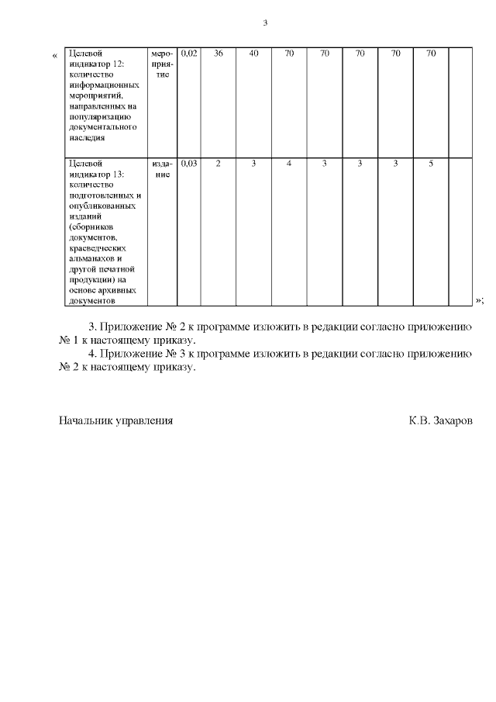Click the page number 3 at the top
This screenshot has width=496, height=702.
[265, 23]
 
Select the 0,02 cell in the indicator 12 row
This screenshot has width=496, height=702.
[189, 54]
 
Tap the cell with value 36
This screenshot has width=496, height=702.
[219, 54]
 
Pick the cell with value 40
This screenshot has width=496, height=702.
[253, 54]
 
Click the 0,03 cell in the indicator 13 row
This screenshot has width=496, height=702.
[189, 164]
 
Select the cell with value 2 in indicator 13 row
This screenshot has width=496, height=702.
[219, 164]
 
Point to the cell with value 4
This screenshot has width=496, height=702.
[289, 164]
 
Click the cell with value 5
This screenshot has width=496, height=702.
[431, 164]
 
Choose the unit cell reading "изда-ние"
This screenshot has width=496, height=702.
[162, 169]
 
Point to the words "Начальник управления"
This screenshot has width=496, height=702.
[115, 420]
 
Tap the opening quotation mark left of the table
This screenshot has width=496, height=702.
[54, 55]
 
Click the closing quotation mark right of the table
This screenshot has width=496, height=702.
[479, 299]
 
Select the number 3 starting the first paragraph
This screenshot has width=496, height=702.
[94, 327]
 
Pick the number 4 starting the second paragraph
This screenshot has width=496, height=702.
[94, 354]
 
